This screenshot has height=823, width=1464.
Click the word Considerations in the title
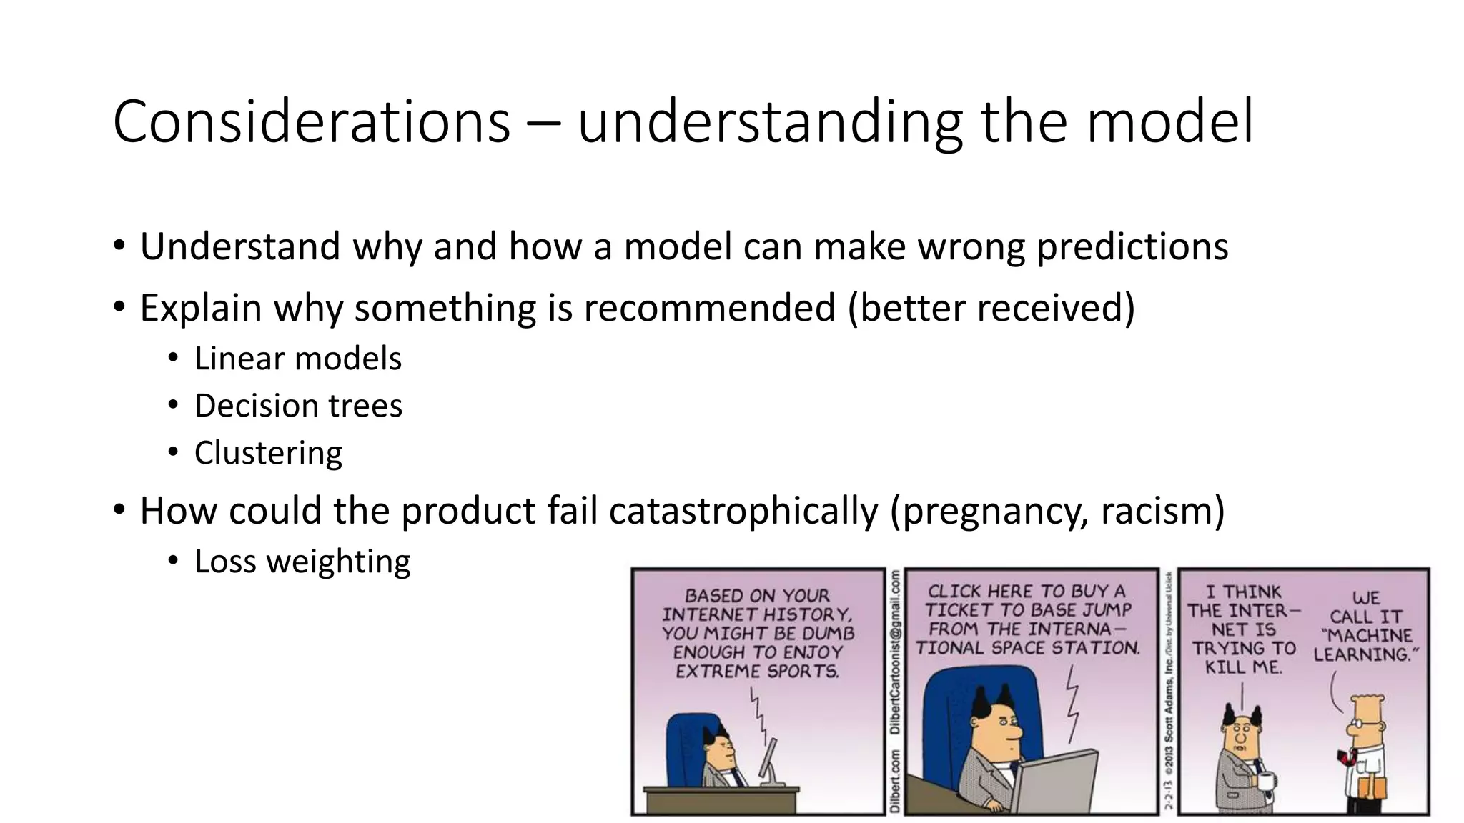(312, 122)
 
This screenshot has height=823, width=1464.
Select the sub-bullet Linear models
(297, 359)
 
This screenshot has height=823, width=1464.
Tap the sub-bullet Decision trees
(298, 406)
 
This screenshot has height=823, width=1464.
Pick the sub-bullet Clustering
(268, 453)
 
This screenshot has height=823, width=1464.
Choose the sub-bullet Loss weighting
(302, 562)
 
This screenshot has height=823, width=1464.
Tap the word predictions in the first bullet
(1132, 247)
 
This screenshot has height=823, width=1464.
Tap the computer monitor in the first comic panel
(769, 760)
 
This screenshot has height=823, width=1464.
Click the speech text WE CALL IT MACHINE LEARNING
(1366, 627)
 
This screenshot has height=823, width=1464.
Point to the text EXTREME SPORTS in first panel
(757, 672)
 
